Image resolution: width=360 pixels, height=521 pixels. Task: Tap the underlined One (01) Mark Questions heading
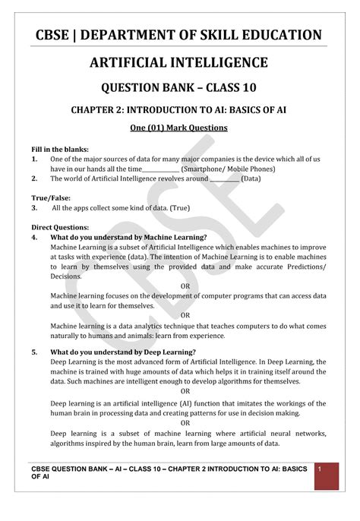coord(180,128)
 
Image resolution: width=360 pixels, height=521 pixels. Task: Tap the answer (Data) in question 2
coord(251,178)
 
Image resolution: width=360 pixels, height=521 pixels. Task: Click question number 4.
coord(34,237)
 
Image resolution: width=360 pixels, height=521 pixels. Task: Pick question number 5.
coord(34,352)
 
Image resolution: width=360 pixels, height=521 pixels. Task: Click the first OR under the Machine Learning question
coord(185,286)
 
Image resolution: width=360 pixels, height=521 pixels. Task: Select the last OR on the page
coord(185,423)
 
